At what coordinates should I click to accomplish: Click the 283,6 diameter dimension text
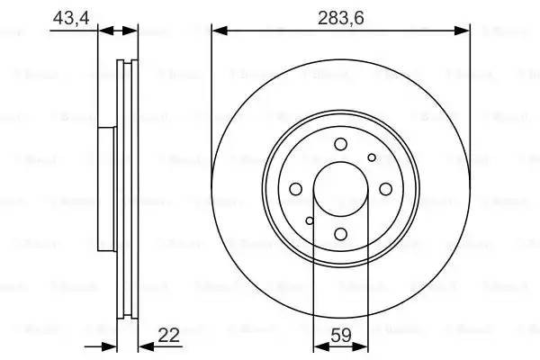pos(340,15)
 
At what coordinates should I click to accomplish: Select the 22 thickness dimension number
pos(168,335)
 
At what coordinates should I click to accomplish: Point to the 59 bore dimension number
pos(340,335)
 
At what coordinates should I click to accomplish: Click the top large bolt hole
pos(340,145)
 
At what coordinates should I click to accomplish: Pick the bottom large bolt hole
pos(340,235)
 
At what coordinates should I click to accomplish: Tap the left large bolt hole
pos(295,190)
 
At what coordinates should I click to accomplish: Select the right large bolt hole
pos(385,190)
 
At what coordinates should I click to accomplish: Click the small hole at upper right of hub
pos(372,158)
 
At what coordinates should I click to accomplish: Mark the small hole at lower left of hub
pos(309,221)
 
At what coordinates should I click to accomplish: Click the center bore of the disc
pos(340,190)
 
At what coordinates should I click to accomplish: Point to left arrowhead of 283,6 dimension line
pos(219,31)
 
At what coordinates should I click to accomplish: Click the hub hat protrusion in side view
pos(106,190)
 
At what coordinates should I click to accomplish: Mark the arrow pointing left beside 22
pos(145,346)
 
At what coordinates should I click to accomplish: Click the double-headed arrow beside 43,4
pos(118,31)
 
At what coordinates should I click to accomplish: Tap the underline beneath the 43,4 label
pos(72,31)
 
